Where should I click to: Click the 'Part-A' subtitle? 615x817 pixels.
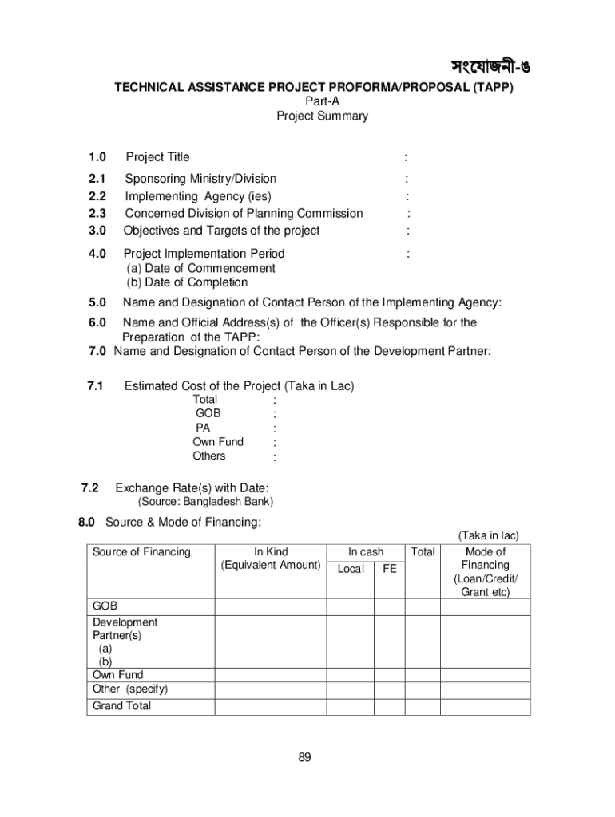point(322,101)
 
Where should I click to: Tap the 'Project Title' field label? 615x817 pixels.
point(157,157)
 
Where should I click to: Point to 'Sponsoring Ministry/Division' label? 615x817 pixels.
point(200,179)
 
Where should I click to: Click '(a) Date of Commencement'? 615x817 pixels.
point(200,268)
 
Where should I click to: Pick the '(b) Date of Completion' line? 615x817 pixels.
point(187,282)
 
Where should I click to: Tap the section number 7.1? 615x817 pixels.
point(97,386)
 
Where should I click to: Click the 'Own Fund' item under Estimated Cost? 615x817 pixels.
point(218,442)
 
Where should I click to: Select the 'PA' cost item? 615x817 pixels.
point(203,428)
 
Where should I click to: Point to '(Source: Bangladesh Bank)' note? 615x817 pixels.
point(205,502)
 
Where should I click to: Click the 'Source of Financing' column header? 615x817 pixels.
point(141,552)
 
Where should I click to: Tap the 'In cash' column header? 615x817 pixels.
point(366,552)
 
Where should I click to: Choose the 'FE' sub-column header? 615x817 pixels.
point(390,569)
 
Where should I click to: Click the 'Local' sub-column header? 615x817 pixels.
point(351,569)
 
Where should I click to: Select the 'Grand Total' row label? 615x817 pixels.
point(121,706)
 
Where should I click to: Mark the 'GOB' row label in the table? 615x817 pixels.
point(105,606)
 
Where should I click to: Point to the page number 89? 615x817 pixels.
point(304,757)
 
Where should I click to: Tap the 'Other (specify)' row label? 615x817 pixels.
point(130,689)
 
